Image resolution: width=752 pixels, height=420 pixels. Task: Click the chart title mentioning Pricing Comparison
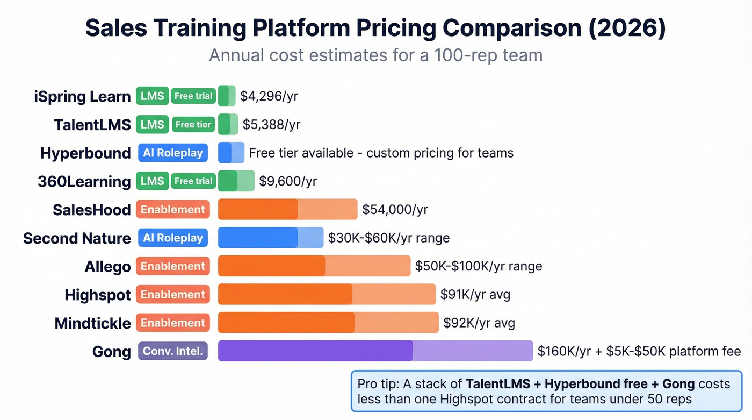(x=375, y=29)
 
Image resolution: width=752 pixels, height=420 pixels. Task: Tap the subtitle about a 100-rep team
(x=375, y=55)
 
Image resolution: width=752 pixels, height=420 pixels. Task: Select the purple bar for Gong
(x=375, y=351)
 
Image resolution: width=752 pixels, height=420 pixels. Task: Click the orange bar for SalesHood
(x=287, y=209)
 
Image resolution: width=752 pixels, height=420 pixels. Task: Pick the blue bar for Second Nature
(x=271, y=238)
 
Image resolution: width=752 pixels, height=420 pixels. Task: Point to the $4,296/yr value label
(x=269, y=96)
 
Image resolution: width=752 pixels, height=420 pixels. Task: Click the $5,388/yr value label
(x=271, y=125)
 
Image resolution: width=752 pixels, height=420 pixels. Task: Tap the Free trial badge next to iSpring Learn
(x=193, y=96)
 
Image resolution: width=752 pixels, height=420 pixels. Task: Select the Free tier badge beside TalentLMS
(x=193, y=125)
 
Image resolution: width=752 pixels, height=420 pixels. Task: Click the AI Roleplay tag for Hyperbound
(x=173, y=153)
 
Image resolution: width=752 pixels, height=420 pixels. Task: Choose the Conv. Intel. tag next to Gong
(x=173, y=352)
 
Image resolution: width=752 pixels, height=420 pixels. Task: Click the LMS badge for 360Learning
(x=153, y=181)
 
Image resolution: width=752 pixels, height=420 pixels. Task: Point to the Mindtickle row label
(x=92, y=323)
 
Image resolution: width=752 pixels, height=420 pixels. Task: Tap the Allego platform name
(x=107, y=267)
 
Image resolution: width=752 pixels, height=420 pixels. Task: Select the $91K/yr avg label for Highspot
(x=475, y=295)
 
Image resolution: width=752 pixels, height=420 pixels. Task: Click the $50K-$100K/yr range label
(x=478, y=266)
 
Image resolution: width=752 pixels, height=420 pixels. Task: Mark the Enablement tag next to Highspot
(x=173, y=295)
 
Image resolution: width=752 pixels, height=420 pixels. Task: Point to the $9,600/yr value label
(x=288, y=181)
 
